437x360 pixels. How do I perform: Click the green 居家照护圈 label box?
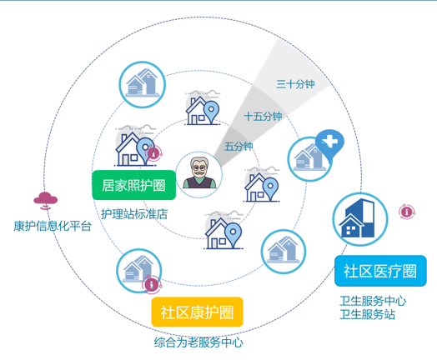[x=133, y=185]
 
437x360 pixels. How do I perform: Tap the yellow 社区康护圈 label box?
[x=197, y=312]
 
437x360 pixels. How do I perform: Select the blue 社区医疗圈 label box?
[x=380, y=271]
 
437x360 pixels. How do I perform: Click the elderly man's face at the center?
[x=199, y=167]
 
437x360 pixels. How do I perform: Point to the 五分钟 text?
[x=239, y=147]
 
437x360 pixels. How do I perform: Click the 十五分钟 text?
[x=263, y=117]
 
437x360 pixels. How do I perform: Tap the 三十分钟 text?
[x=295, y=84]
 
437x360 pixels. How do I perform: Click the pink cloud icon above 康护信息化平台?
[x=45, y=200]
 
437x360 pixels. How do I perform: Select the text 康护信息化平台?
[x=53, y=226]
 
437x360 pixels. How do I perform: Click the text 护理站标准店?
[x=134, y=214]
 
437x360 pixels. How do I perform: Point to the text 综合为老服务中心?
[x=198, y=342]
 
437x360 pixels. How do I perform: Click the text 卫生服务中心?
[x=373, y=301]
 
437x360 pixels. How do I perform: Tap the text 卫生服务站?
[x=367, y=314]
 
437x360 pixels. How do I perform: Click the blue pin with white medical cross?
[x=329, y=143]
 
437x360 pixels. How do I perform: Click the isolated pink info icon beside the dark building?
[x=407, y=212]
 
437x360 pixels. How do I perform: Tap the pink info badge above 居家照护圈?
[x=153, y=152]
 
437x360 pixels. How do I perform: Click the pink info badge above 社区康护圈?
[x=151, y=284]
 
